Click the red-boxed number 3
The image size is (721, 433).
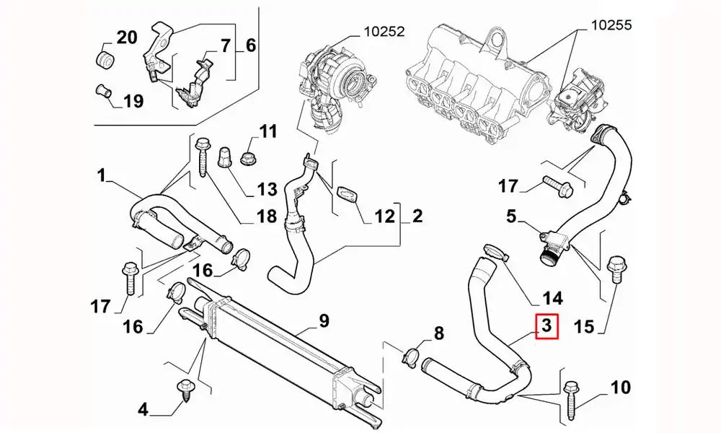coord(546,327)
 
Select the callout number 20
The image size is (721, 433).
coord(126,37)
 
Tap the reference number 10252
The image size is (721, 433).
coord(384,31)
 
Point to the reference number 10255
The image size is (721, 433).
coord(611,25)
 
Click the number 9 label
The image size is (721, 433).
coord(324,319)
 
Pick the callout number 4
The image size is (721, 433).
coord(143,411)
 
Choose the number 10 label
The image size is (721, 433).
coord(620,388)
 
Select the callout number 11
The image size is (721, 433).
coord(268,131)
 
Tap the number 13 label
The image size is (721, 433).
coord(267,189)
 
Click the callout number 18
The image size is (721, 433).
coord(267,216)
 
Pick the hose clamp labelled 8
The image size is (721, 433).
coord(412,354)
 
